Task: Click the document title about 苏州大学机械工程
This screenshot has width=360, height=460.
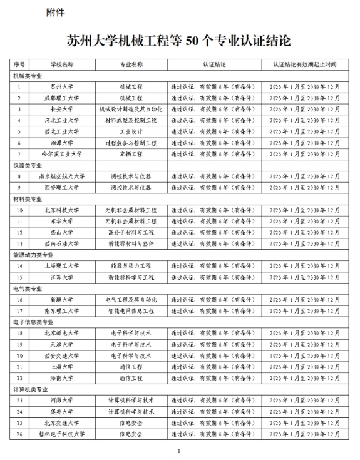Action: click(179, 42)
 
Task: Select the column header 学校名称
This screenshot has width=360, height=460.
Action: click(61, 64)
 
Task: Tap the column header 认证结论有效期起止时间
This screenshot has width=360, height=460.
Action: click(304, 64)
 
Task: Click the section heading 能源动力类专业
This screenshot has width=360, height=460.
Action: click(32, 255)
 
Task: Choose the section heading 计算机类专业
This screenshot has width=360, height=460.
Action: click(30, 389)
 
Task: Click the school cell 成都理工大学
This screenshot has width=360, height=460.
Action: click(61, 98)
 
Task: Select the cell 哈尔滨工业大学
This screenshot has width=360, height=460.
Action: click(61, 154)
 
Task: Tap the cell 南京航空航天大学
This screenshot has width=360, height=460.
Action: click(61, 176)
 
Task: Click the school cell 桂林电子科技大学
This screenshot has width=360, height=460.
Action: click(61, 434)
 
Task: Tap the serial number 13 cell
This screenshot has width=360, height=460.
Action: click(19, 243)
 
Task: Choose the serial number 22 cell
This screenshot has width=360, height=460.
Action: click(19, 377)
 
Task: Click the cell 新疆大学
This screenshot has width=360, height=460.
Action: click(61, 299)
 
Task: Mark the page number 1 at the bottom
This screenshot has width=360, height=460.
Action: click(179, 450)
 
